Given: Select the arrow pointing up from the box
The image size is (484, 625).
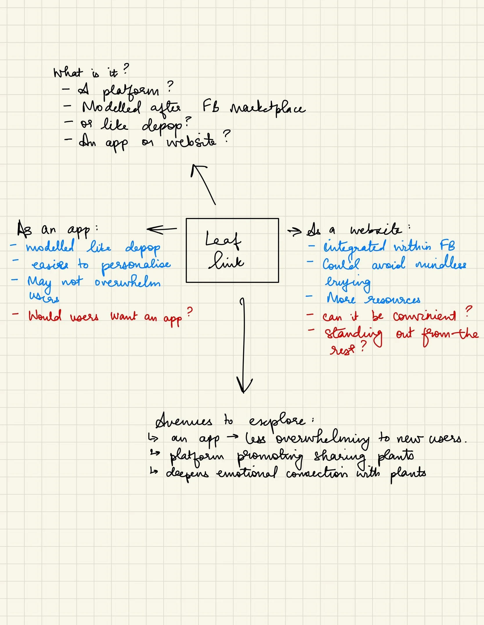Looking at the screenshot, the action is (203, 184).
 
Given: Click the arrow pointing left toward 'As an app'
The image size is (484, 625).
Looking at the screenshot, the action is (162, 229).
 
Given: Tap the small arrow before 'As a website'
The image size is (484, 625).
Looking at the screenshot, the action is (295, 231).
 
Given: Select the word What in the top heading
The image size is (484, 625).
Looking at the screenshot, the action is (68, 72).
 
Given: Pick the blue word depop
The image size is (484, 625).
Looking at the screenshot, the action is (143, 248).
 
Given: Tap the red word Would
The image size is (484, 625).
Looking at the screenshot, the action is (45, 316).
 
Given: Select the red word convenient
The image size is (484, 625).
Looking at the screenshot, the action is (424, 316).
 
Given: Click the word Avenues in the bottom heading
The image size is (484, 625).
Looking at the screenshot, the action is (184, 421).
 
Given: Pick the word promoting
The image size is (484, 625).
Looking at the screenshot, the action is (270, 457).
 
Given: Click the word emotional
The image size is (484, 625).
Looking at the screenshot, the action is (247, 474).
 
